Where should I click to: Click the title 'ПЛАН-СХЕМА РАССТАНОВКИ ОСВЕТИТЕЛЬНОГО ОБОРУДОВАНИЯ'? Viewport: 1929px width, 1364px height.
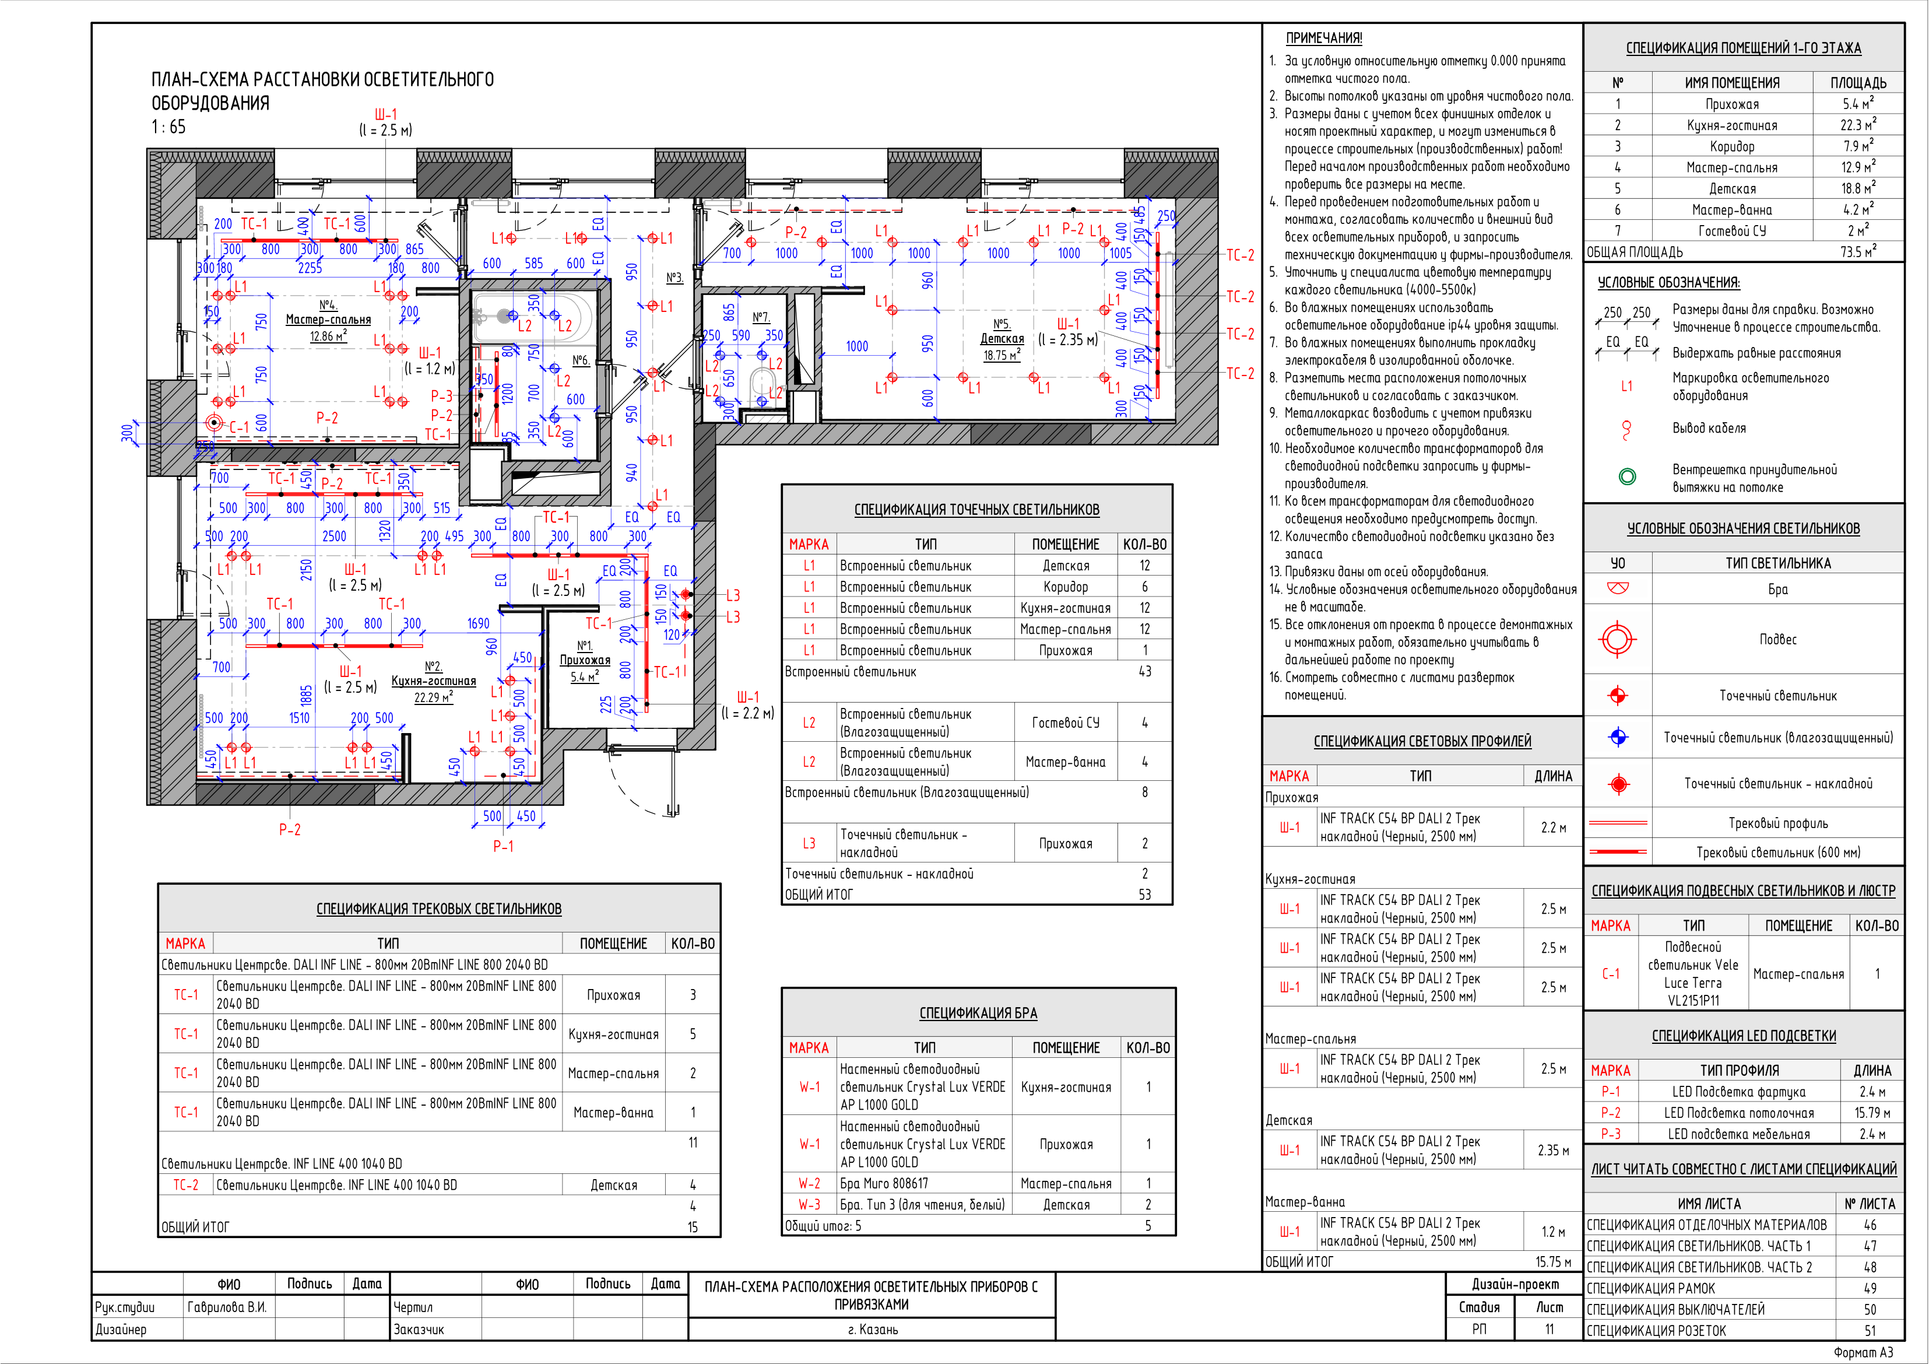point(322,91)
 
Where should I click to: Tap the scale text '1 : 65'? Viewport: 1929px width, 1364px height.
point(169,127)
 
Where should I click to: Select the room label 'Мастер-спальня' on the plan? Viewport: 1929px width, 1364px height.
point(328,320)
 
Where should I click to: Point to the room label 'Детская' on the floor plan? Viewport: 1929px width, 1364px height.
point(1002,339)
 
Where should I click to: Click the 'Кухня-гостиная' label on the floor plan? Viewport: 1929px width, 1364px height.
point(434,681)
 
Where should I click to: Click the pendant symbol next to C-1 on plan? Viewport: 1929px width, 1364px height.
point(215,423)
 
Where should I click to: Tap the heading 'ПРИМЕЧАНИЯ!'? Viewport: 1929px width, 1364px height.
point(1324,38)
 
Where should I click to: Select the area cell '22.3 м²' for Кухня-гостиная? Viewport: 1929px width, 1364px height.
point(1858,124)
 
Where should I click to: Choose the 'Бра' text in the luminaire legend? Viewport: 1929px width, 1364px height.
point(1778,589)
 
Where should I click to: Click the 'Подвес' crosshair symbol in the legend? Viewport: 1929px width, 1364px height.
point(1617,640)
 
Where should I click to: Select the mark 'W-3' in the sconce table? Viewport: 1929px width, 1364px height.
point(809,1204)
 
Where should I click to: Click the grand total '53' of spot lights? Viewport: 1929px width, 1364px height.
point(1144,894)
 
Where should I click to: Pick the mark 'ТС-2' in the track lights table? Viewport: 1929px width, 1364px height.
point(186,1185)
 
